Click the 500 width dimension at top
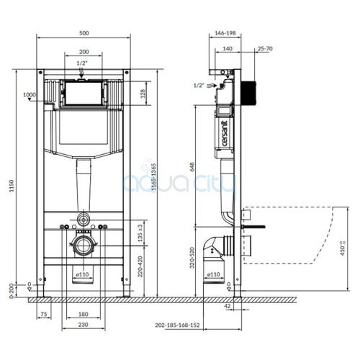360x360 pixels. (85, 34)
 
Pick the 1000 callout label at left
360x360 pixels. (30, 95)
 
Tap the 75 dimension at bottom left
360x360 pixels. (44, 315)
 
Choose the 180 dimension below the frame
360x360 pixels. (85, 315)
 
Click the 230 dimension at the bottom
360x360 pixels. (85, 326)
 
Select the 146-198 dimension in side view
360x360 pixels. (225, 34)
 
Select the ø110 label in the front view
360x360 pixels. (84, 274)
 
